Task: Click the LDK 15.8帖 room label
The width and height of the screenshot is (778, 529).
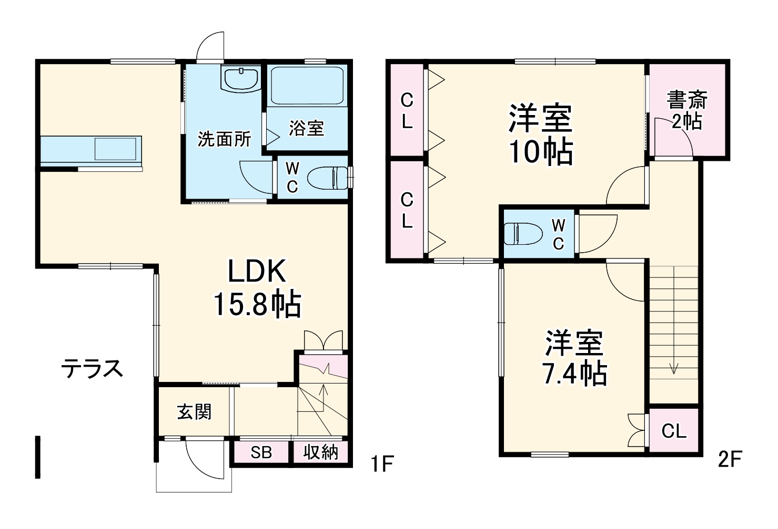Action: click(257, 288)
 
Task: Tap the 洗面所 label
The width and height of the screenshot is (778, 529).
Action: click(224, 139)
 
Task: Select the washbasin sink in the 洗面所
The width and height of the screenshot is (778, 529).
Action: click(241, 79)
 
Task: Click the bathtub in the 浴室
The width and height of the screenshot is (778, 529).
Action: click(307, 85)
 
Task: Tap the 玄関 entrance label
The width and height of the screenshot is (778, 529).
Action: click(194, 411)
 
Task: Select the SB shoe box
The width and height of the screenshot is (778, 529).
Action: click(261, 452)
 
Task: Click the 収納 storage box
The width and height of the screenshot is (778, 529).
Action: click(320, 452)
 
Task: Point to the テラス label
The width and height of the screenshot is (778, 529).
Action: click(92, 368)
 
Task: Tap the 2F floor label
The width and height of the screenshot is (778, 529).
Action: click(730, 460)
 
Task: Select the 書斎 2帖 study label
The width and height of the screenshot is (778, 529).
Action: click(687, 110)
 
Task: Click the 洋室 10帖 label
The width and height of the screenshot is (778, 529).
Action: click(540, 134)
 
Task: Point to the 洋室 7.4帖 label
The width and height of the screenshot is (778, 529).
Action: click(574, 358)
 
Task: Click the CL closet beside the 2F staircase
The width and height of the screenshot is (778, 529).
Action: click(674, 431)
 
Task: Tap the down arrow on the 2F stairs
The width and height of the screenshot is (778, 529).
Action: click(674, 368)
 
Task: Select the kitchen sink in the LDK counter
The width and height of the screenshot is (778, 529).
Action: click(117, 148)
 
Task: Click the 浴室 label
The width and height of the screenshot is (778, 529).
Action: click(306, 128)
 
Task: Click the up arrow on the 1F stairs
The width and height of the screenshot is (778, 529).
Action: click(323, 391)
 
